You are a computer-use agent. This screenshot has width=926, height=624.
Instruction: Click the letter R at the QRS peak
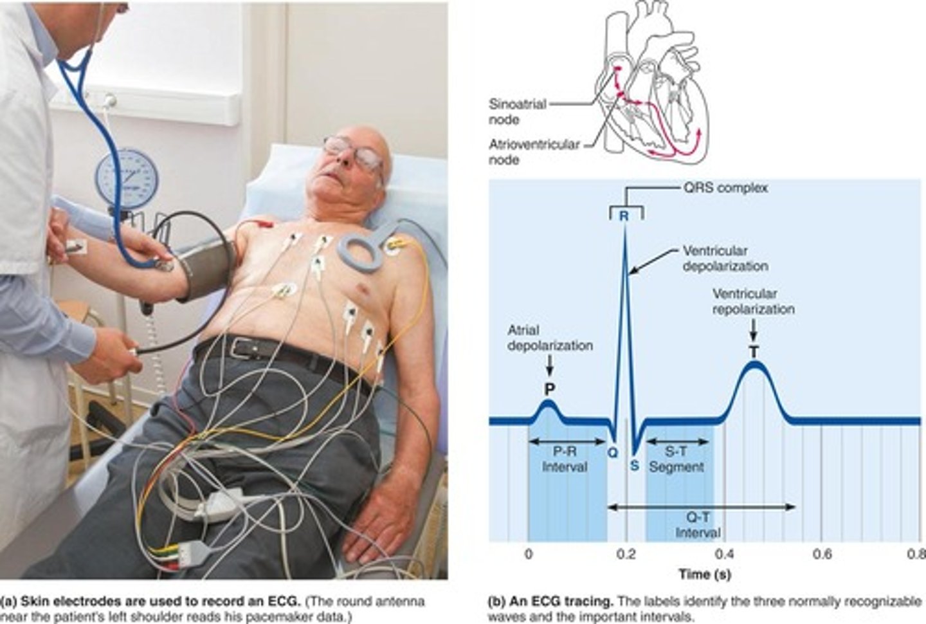pos(624,216)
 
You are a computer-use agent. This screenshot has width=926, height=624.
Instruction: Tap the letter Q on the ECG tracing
pos(612,452)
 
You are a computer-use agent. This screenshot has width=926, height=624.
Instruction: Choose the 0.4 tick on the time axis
pos(724,554)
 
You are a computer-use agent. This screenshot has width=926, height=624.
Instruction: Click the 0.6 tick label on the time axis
pos(822,554)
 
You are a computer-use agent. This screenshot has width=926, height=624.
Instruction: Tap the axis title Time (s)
pos(704,574)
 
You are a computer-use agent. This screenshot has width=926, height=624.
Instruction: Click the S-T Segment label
pos(676,459)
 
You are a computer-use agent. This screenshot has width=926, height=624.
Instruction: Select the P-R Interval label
pos(565,459)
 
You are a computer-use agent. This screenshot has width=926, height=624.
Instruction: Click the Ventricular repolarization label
pos(753,301)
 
